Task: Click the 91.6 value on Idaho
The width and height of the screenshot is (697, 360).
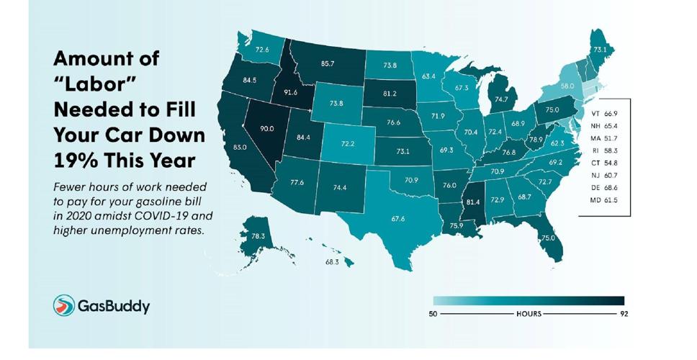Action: (x=291, y=93)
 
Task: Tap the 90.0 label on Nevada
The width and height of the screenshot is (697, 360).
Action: (x=267, y=128)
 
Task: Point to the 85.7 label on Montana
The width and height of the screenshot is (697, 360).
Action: (x=327, y=63)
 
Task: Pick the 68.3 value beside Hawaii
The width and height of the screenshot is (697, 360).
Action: (x=332, y=262)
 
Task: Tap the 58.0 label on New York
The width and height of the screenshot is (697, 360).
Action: (x=567, y=86)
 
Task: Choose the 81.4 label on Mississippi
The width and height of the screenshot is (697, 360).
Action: (x=473, y=202)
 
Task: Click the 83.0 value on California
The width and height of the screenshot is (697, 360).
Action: (x=240, y=147)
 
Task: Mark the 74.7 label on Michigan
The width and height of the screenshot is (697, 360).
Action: (x=501, y=99)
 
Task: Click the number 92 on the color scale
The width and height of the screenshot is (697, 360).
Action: (x=624, y=315)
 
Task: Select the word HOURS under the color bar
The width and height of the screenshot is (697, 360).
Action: (x=528, y=315)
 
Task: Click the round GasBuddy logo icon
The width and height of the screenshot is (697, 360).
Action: (x=64, y=305)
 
